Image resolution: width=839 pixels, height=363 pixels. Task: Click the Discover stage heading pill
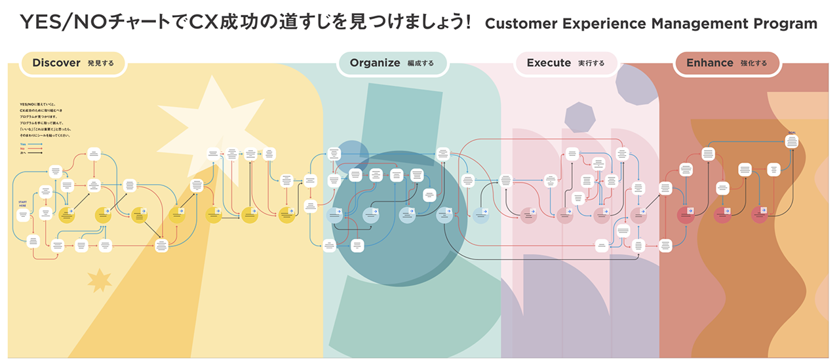coord(72,64)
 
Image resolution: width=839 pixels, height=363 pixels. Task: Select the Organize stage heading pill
coord(392,64)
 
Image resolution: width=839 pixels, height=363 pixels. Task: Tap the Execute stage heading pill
coord(566,64)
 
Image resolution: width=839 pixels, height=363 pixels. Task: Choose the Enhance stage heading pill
coord(726,64)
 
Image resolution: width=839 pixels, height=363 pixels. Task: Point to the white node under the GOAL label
coord(792,140)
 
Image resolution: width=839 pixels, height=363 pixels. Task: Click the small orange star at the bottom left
coord(100,280)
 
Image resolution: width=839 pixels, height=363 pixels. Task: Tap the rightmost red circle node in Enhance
coord(759,214)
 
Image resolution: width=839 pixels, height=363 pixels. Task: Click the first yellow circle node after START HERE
coord(66,214)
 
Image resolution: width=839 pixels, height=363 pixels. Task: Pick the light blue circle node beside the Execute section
coord(481,215)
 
